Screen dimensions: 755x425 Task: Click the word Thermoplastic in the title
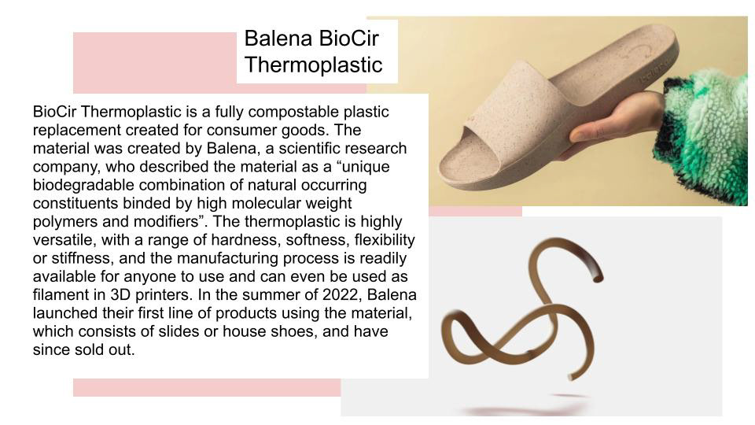[314, 65]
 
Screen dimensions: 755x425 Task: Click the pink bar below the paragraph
[207, 387]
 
